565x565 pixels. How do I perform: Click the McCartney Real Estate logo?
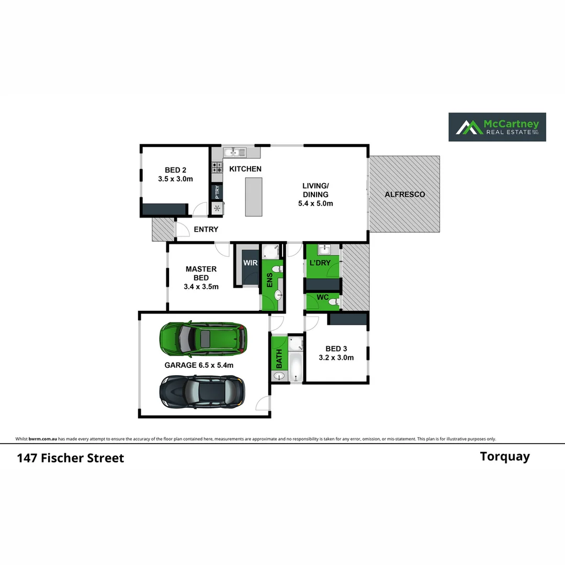[x=497, y=127]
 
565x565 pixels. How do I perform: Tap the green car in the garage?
[x=203, y=337]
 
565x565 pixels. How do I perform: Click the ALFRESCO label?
[x=404, y=194]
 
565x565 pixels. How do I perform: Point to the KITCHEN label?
[x=245, y=169]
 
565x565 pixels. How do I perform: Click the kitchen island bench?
[x=254, y=197]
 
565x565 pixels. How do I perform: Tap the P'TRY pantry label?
[x=217, y=193]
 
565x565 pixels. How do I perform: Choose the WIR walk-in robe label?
[x=251, y=263]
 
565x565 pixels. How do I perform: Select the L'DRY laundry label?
[x=320, y=263]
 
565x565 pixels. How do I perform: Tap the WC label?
[x=323, y=297]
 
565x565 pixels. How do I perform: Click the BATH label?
[x=279, y=358]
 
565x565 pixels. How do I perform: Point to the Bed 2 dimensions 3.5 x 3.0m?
[x=175, y=179]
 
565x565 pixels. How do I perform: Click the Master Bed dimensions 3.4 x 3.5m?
[x=201, y=287]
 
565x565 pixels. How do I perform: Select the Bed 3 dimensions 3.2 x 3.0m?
[x=336, y=358]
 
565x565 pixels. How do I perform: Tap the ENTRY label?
[x=206, y=229]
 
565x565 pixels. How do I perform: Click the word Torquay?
[x=504, y=457]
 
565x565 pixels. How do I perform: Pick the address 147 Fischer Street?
[x=71, y=458]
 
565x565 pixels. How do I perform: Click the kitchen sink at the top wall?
[x=234, y=153]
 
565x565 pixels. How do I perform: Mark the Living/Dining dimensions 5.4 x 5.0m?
[x=315, y=204]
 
